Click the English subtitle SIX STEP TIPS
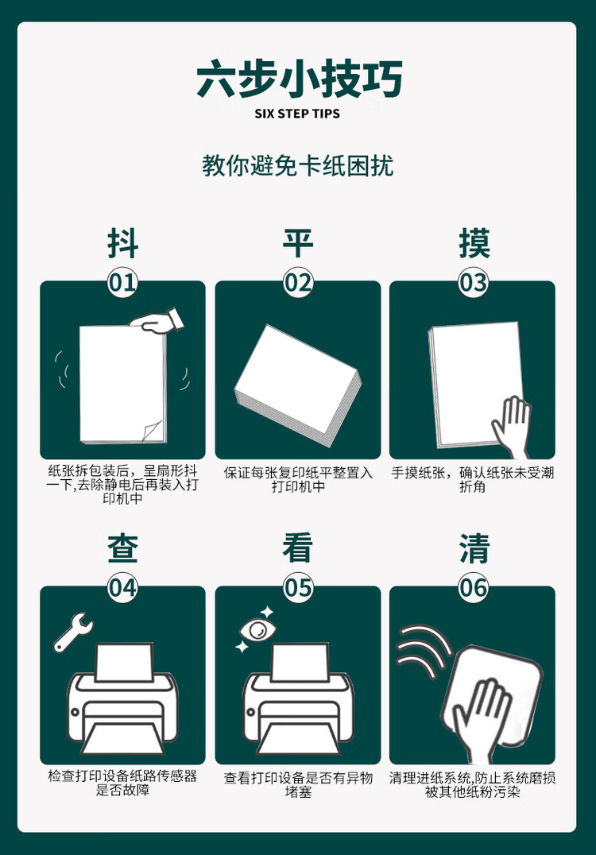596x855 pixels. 297,114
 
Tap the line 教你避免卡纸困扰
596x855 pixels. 298,166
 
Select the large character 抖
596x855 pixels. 123,243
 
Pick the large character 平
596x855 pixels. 298,243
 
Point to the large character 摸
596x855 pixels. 474,243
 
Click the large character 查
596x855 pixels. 123,548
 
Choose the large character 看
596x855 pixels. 298,548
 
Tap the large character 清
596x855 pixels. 474,548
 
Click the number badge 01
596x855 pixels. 123,283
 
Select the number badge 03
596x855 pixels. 474,283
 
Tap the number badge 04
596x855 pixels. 123,588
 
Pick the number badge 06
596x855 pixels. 474,588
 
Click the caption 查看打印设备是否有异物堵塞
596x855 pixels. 298,785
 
